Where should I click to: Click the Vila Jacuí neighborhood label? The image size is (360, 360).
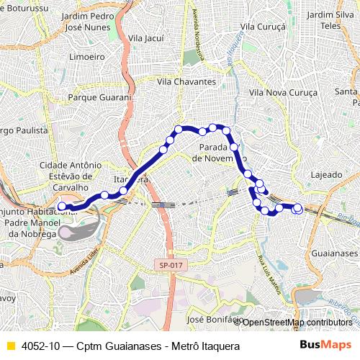pyautogui.click(x=146, y=37)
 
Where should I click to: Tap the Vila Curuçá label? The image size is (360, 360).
pyautogui.click(x=263, y=26)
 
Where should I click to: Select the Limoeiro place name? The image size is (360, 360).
pyautogui.click(x=86, y=56)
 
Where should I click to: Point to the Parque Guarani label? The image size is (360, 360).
pyautogui.click(x=99, y=96)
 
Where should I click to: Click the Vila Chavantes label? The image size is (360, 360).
pyautogui.click(x=185, y=82)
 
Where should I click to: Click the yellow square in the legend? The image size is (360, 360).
pyautogui.click(x=9, y=346)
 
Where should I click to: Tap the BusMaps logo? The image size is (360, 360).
pyautogui.click(x=325, y=346)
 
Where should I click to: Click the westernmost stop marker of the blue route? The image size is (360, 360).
pyautogui.click(x=61, y=206)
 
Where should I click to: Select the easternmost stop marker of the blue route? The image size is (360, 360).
pyautogui.click(x=297, y=209)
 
